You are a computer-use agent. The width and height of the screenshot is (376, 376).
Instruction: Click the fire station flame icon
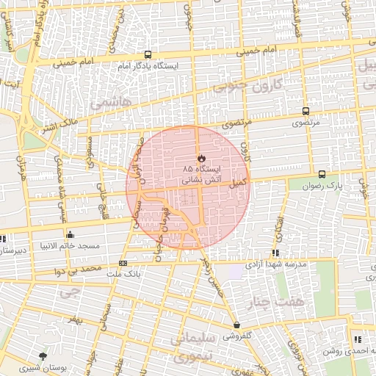coord(201,158)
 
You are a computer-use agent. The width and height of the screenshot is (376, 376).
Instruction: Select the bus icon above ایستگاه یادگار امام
coord(148,54)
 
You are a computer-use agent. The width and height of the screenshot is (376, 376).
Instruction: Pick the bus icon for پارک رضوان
coord(322,174)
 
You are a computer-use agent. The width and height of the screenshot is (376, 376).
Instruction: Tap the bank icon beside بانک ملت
coord(123,264)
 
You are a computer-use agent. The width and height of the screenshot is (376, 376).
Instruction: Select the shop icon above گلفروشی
coord(236,325)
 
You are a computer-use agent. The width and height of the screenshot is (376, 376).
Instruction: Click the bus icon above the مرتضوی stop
coord(305,111)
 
